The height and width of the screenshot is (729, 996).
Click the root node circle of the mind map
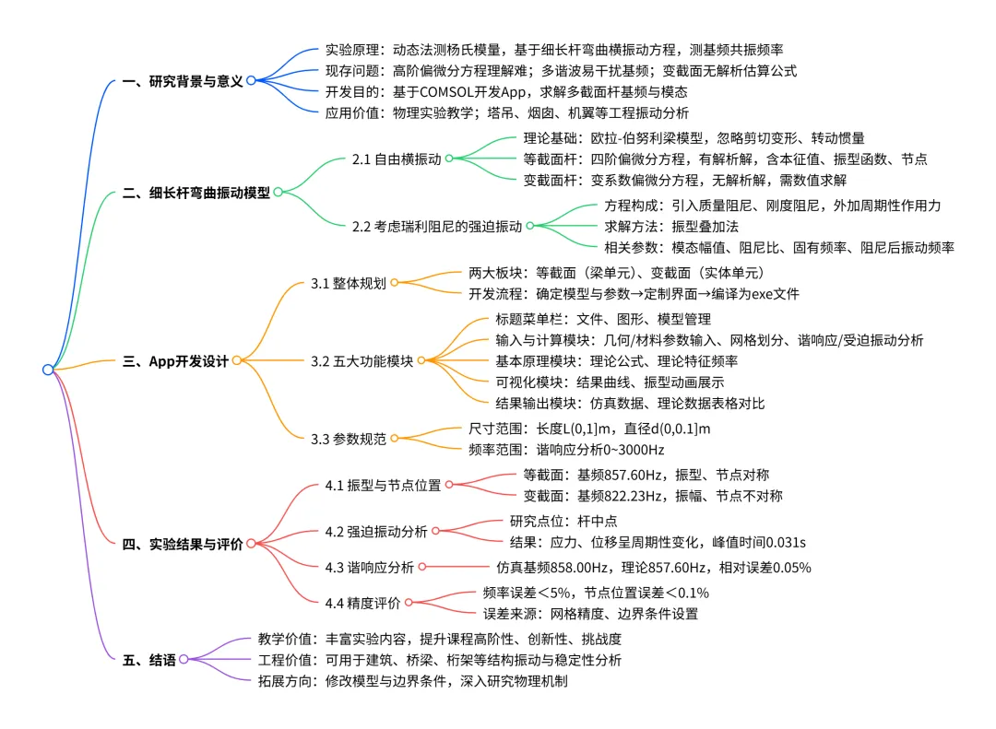(x=48, y=370)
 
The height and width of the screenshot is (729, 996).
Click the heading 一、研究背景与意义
(x=183, y=81)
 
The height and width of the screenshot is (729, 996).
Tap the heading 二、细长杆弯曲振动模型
(x=196, y=193)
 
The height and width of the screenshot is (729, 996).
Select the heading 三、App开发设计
(x=176, y=361)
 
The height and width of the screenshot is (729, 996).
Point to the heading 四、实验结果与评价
(x=183, y=544)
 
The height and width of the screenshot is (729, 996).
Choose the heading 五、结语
(x=149, y=660)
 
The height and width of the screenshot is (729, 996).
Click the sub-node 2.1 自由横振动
(x=397, y=159)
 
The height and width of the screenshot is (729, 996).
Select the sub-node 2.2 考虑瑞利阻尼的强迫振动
(x=437, y=226)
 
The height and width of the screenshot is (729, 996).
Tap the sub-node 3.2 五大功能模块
(x=362, y=361)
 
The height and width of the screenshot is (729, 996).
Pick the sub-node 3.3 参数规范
(x=348, y=439)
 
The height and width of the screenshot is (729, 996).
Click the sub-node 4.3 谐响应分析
(x=369, y=567)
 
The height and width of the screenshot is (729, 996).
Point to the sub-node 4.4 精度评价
(x=362, y=603)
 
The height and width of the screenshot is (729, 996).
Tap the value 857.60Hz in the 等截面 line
(x=622, y=475)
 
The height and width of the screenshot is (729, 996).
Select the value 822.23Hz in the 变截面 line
(x=622, y=496)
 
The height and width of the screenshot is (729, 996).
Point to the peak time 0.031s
(x=786, y=542)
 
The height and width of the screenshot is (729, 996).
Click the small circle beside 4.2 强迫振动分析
(x=435, y=531)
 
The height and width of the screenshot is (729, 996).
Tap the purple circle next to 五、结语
(x=184, y=659)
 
